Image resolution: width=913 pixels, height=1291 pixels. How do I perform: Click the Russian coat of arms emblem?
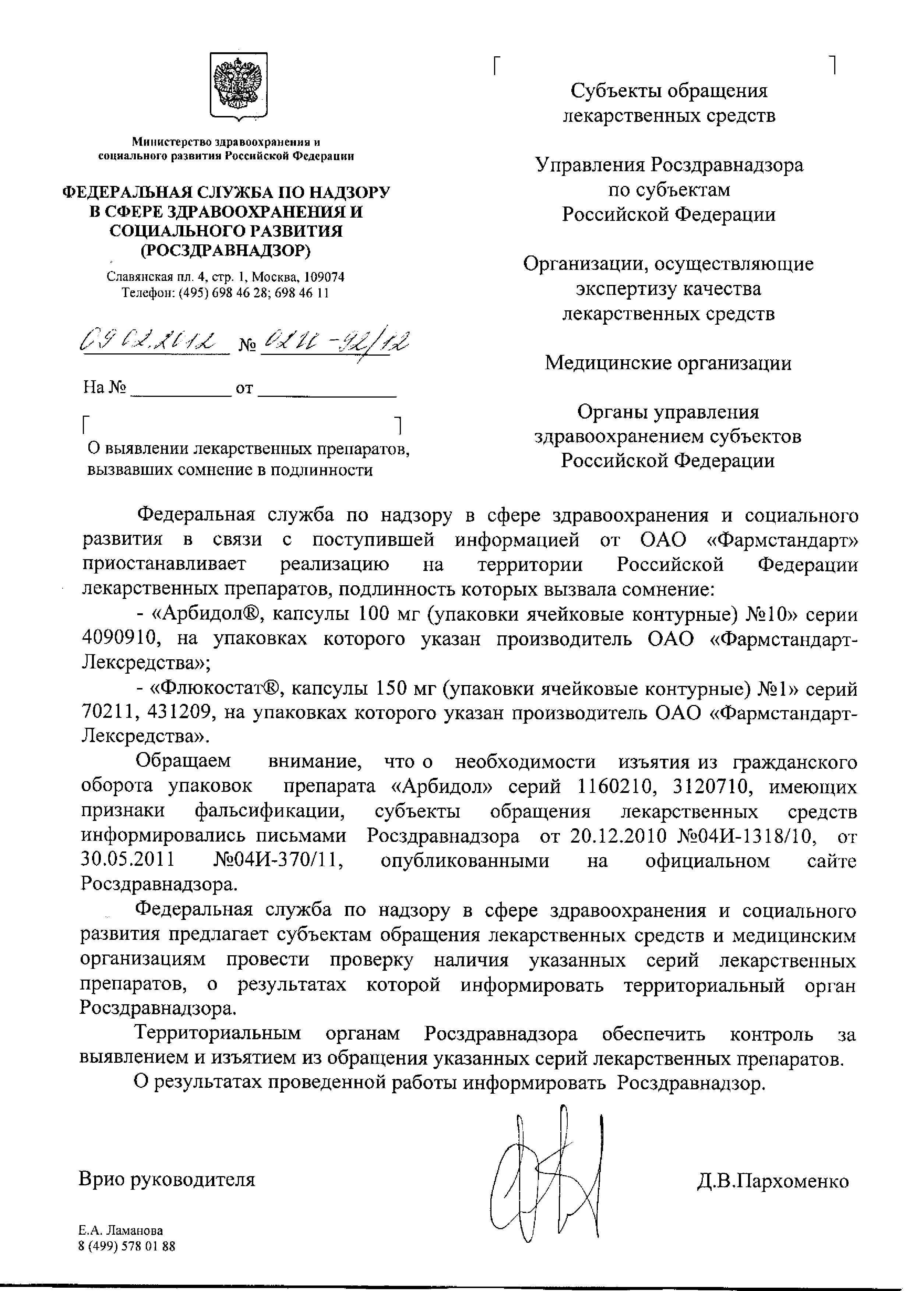click(238, 86)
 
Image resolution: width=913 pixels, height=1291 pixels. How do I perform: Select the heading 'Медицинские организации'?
click(668, 363)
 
